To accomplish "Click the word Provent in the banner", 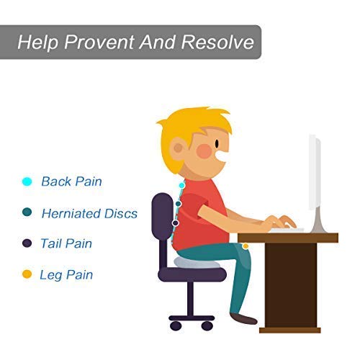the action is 99,42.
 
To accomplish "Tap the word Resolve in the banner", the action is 217,42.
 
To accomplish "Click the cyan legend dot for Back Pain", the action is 27,181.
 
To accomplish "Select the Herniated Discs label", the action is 89,213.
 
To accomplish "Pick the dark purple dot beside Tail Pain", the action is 27,243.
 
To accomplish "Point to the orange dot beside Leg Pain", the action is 27,274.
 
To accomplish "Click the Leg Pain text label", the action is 66,275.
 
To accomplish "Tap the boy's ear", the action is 178,148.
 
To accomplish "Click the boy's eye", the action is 217,143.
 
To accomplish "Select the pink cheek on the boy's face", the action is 204,150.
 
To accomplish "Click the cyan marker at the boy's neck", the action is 182,185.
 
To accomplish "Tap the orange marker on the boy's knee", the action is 246,246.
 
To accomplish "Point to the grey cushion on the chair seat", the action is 197,262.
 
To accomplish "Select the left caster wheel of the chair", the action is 176,325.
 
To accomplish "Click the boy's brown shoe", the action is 243,318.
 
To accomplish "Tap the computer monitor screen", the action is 315,173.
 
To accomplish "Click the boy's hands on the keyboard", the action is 279,221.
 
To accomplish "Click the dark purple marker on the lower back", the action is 176,223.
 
